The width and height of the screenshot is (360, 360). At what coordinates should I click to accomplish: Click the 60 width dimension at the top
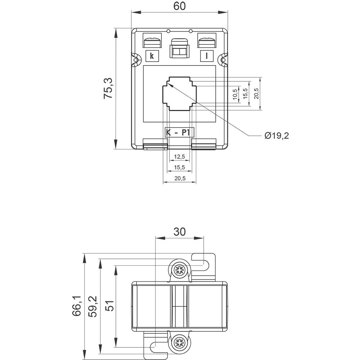(x=179, y=6)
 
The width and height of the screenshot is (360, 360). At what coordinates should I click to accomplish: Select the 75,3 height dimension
(x=108, y=88)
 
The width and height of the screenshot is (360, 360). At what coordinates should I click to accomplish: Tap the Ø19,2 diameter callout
(x=276, y=135)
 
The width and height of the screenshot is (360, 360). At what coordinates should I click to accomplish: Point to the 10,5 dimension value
(x=235, y=94)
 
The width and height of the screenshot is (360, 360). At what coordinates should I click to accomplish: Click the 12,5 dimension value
(x=179, y=157)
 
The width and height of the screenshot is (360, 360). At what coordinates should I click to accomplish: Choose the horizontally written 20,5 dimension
(x=179, y=179)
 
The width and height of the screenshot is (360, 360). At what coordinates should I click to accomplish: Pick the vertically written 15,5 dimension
(x=246, y=94)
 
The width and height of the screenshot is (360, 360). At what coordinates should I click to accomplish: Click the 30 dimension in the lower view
(x=179, y=231)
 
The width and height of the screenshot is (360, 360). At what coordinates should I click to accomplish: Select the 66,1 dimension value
(x=76, y=306)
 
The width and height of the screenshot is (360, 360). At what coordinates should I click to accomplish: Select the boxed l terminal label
(x=207, y=56)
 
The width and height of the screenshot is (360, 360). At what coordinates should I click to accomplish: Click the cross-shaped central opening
(x=179, y=94)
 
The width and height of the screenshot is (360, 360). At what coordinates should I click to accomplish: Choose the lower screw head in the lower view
(x=179, y=343)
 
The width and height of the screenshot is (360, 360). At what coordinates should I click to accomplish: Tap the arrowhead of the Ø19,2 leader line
(x=170, y=85)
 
